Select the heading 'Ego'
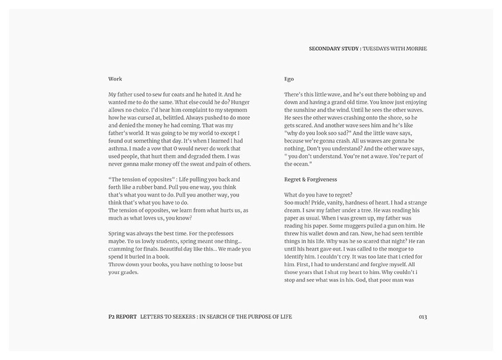pos(289,79)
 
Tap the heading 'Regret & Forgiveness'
pos(311,179)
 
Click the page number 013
pos(423,316)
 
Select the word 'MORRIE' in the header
pos(416,48)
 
